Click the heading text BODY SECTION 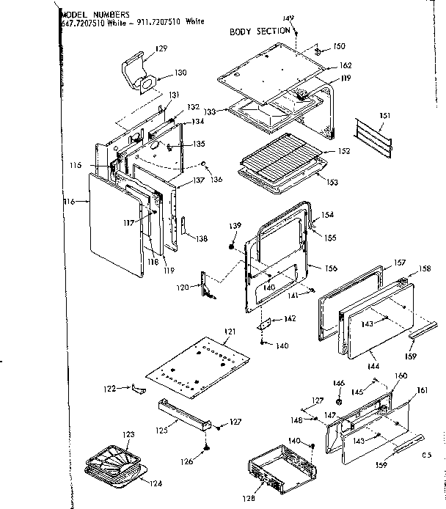point(260,32)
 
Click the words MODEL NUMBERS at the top point(95,14)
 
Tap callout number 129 point(161,48)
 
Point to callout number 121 point(230,332)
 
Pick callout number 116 point(70,201)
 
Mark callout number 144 point(373,364)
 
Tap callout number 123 point(128,435)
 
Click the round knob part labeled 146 point(339,403)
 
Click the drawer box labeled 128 point(279,469)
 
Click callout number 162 point(346,66)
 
